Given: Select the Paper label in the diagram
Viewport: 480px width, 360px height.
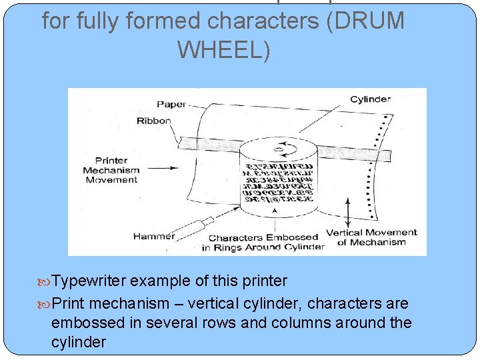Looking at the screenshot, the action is pyautogui.click(x=171, y=104).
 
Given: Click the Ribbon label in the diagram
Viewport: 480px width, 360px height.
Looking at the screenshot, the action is pyautogui.click(x=153, y=121).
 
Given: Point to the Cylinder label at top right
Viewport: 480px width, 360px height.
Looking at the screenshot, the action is pyautogui.click(x=370, y=99).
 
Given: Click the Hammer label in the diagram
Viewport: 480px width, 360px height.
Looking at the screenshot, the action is pyautogui.click(x=154, y=235).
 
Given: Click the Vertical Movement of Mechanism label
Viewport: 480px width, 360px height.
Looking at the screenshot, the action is pyautogui.click(x=371, y=237).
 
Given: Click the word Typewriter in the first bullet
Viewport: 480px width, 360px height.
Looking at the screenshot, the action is pyautogui.click(x=89, y=281).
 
